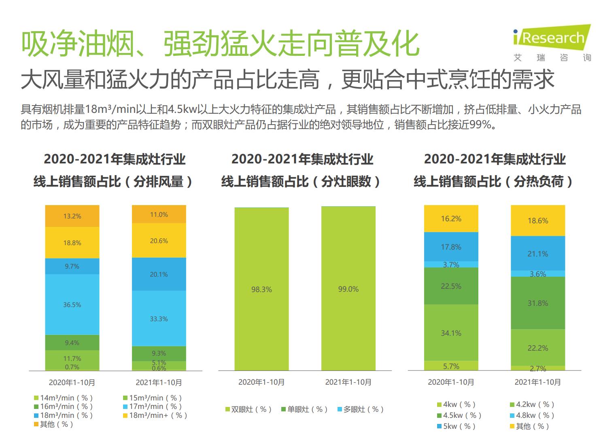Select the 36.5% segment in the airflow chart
coord(72,305)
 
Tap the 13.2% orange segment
coord(72,216)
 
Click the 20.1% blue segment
coord(159,274)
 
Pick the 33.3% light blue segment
coord(159,319)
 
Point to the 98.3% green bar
coord(261,289)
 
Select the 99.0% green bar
coord(348,289)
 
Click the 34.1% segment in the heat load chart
coord(451,333)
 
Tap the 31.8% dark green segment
coord(537,303)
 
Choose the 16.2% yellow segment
coord(451,219)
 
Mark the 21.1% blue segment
coord(537,254)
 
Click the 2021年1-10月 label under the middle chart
coord(348,382)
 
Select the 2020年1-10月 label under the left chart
coord(72,382)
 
